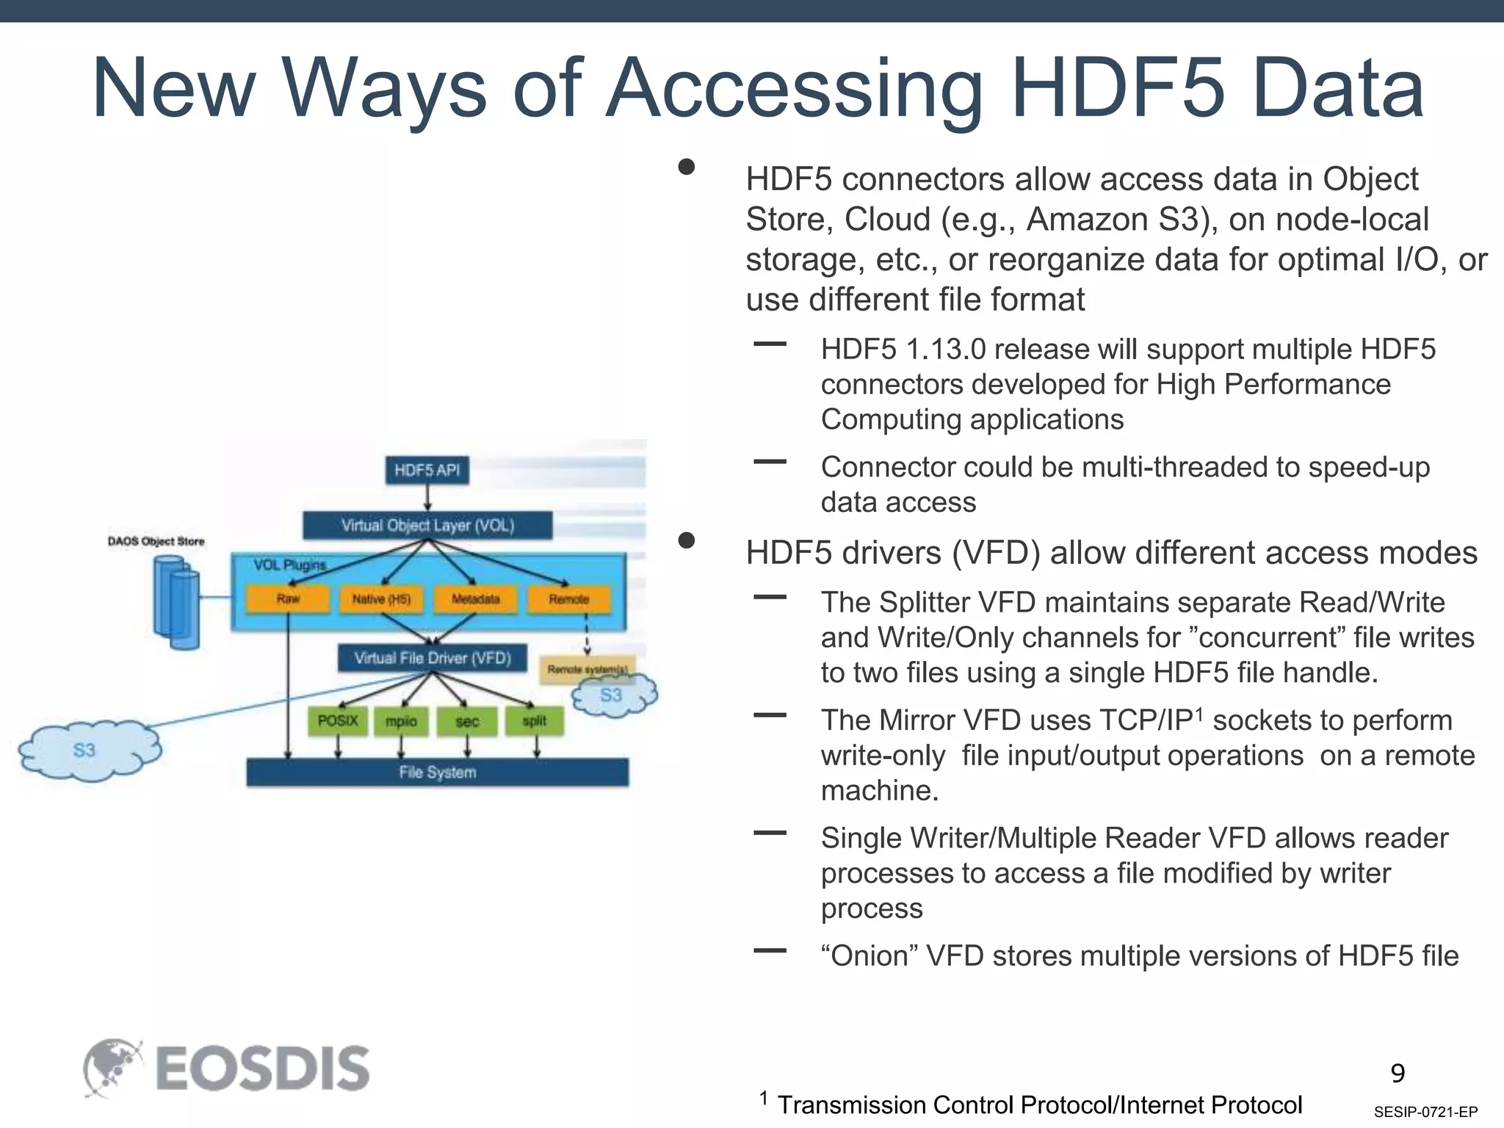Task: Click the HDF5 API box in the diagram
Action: pyautogui.click(x=427, y=470)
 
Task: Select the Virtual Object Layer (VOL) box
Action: pyautogui.click(x=427, y=526)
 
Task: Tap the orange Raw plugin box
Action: pyautogui.click(x=288, y=599)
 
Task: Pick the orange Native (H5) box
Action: pyautogui.click(x=381, y=599)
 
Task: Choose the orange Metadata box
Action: pyautogui.click(x=475, y=599)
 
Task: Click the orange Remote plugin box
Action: pyautogui.click(x=569, y=599)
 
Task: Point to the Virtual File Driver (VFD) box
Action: pyautogui.click(x=433, y=658)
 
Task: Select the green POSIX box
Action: pyautogui.click(x=338, y=721)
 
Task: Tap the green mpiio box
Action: pyautogui.click(x=401, y=721)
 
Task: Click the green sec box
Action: pyautogui.click(x=467, y=721)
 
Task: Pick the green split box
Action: pyautogui.click(x=535, y=721)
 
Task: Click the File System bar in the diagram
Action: pyautogui.click(x=438, y=772)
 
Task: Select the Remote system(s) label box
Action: pyautogui.click(x=586, y=669)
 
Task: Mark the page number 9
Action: pyautogui.click(x=1398, y=1074)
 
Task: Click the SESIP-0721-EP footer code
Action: pyautogui.click(x=1425, y=1112)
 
